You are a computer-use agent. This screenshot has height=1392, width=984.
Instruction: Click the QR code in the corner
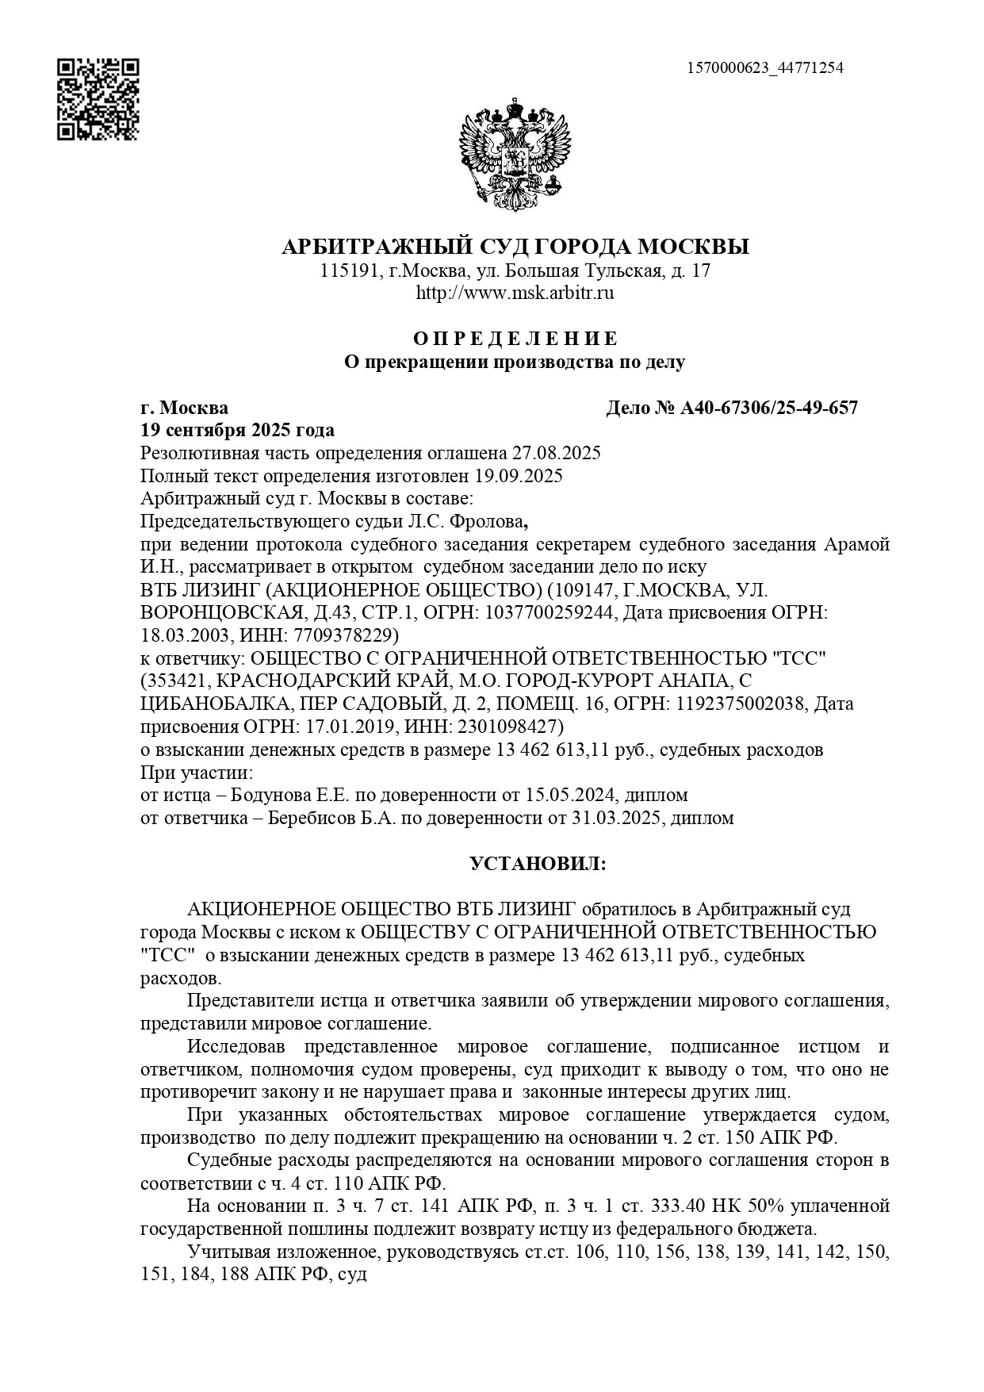tap(98, 98)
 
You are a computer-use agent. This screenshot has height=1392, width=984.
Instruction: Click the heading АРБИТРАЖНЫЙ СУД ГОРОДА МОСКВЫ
tap(515, 247)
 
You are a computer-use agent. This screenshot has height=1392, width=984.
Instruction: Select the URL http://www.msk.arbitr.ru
tap(515, 293)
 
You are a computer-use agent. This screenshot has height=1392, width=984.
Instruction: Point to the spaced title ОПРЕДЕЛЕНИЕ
tap(515, 339)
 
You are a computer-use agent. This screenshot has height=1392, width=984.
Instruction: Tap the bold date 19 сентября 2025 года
tap(237, 430)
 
